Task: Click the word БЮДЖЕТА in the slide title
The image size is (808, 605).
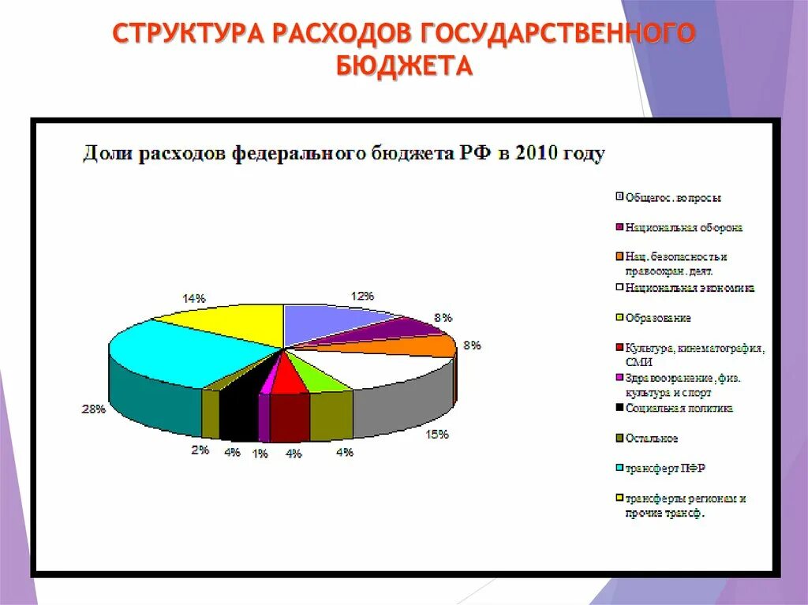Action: point(404,65)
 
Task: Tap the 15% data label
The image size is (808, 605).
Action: point(438,434)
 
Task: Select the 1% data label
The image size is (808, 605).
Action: point(260,454)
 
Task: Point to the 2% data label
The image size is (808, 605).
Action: point(200,450)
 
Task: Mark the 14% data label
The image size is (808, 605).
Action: point(194,298)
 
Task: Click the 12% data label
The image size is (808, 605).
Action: point(362,296)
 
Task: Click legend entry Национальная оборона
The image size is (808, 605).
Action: point(683,228)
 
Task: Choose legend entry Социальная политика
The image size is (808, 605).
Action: point(679,409)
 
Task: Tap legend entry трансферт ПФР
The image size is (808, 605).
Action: point(665,469)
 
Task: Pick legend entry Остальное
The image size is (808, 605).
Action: point(652,439)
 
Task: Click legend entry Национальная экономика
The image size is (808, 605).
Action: point(690,288)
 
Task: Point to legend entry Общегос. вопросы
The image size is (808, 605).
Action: point(673,198)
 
